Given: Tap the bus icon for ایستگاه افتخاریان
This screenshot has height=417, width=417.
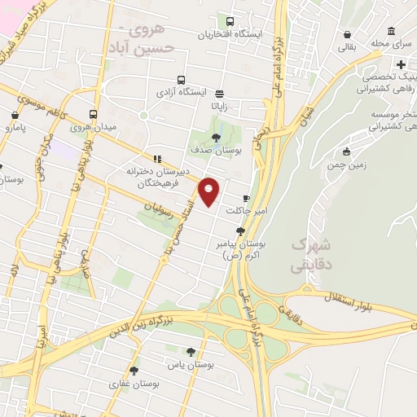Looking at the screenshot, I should click(x=230, y=22).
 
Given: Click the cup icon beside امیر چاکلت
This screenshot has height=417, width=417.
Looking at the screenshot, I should click(x=246, y=198).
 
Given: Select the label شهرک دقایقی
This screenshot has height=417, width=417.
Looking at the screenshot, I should click(x=311, y=254).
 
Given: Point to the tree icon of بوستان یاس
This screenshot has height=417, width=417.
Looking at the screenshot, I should click(x=191, y=353).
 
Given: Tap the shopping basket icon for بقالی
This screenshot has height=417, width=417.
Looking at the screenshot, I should click(x=349, y=35).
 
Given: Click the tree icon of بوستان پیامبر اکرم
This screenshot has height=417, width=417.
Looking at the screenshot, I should click(x=239, y=231).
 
